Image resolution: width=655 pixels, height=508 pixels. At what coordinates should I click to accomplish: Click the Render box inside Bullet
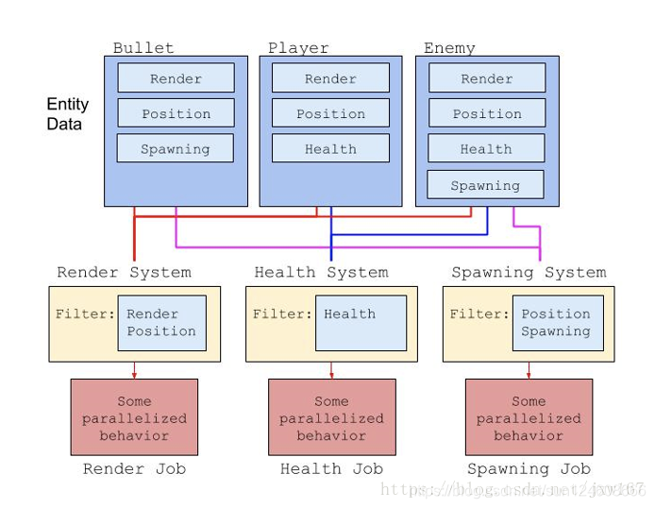pos(176,78)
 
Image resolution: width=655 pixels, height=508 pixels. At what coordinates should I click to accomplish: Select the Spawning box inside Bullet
pos(176,148)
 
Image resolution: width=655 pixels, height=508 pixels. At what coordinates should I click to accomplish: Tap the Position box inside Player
pos(330,113)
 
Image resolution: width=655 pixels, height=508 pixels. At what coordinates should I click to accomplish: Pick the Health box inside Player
pos(330,148)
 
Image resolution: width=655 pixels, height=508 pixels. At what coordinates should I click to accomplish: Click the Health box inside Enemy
pos(486,148)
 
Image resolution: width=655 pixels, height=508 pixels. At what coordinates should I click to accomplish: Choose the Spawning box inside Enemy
pos(485,185)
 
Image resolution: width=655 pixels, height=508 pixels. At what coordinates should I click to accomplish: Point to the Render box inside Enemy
pos(486,78)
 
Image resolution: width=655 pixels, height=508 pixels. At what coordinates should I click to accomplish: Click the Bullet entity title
pos(143,47)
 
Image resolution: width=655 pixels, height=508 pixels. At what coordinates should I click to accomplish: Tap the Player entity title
pos(298,47)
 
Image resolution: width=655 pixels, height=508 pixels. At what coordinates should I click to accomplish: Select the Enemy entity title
pos(449,47)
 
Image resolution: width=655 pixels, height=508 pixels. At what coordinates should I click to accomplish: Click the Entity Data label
pos(68,114)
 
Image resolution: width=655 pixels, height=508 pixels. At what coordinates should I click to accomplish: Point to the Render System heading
pos(124,272)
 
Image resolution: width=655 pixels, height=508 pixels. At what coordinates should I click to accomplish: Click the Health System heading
pos(321,272)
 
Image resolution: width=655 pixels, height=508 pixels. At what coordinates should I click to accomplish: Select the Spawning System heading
pos(529,272)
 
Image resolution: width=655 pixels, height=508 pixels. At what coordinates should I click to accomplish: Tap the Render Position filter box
pos(161,323)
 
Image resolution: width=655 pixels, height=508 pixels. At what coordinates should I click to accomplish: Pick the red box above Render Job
pos(134,417)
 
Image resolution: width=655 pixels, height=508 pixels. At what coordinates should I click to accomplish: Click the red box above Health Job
pos(331,417)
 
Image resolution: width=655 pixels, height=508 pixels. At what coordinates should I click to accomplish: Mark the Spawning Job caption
pos(529,468)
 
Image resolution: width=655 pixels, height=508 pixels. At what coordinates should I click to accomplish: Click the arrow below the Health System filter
pos(331,370)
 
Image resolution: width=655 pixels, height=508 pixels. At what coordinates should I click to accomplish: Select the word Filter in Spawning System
pos(478,314)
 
